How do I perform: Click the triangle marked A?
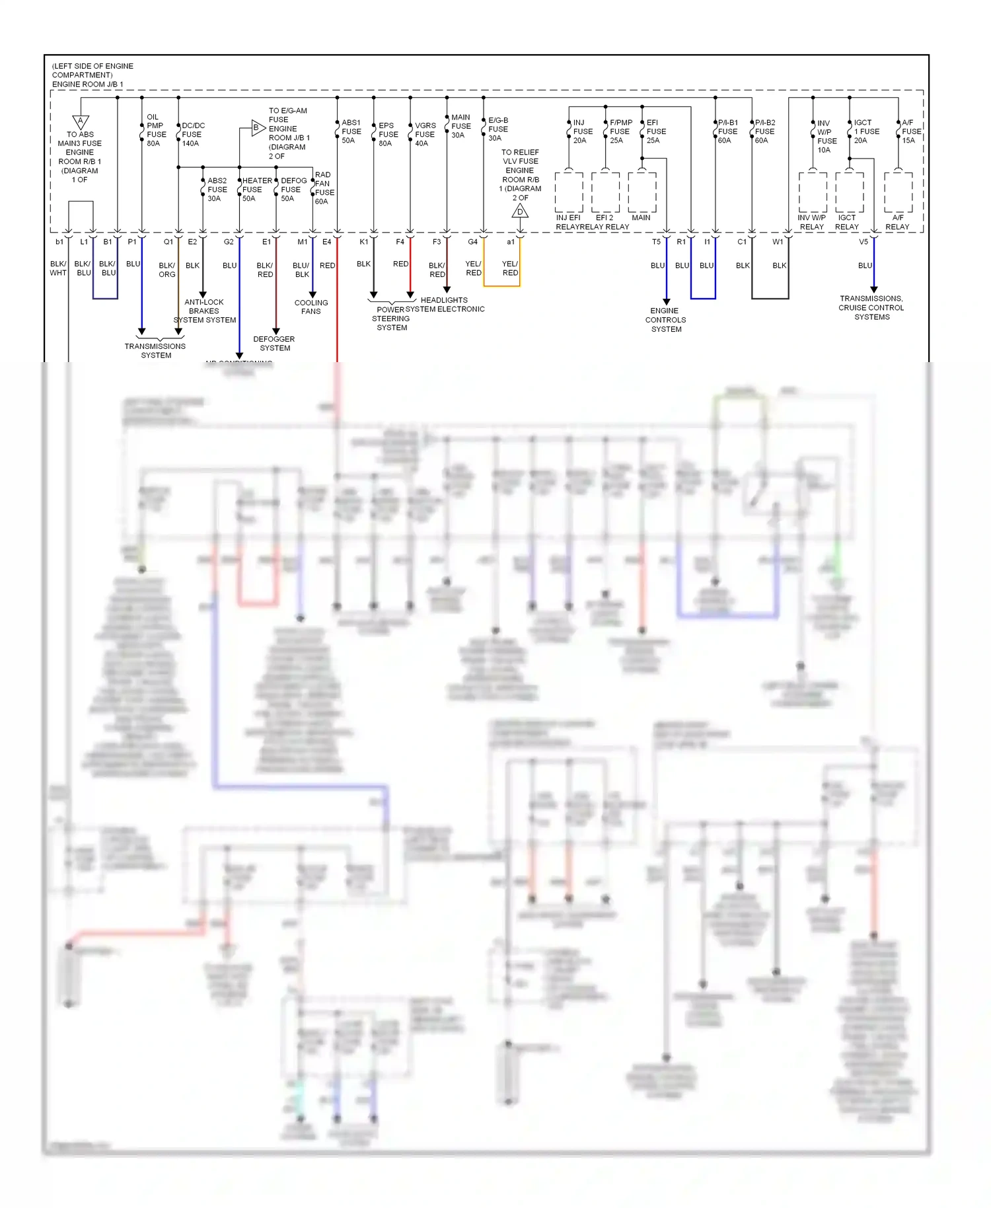tap(81, 122)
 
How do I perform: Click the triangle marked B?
tap(257, 128)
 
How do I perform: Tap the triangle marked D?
tap(520, 211)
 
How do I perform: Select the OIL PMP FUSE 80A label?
tap(155, 130)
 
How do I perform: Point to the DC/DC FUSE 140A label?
tap(192, 134)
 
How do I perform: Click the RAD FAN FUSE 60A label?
tap(323, 188)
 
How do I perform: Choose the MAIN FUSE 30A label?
tap(460, 126)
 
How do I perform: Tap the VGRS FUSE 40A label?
tap(425, 134)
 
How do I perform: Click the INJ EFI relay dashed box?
tap(569, 192)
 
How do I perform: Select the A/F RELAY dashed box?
tap(898, 192)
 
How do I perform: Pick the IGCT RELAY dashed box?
tap(849, 192)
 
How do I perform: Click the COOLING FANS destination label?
tap(311, 307)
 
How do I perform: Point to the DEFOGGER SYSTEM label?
tap(274, 344)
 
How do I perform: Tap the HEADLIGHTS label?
tap(444, 300)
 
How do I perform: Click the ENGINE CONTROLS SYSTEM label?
tap(666, 320)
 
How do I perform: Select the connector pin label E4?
tap(327, 242)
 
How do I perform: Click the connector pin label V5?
tap(863, 242)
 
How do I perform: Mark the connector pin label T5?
tap(656, 242)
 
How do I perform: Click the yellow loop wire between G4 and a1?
tap(502, 286)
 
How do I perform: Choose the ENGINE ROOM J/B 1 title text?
tap(88, 85)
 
